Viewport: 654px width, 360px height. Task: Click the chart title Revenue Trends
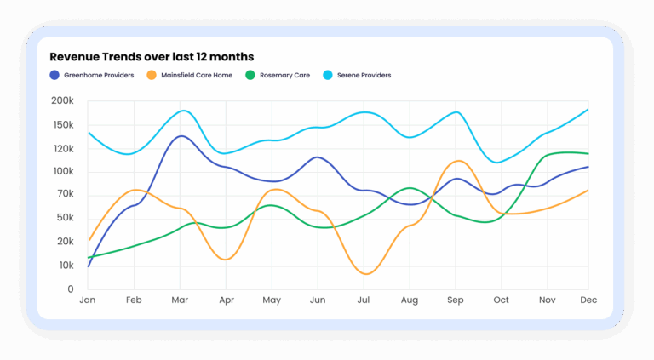(x=152, y=57)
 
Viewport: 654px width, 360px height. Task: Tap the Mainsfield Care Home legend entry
(x=190, y=75)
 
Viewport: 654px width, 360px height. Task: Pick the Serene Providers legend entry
(x=362, y=75)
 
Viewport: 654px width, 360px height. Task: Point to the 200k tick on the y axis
(x=63, y=101)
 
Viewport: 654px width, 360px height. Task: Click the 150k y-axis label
(x=63, y=125)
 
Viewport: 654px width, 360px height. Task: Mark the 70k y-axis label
(x=65, y=195)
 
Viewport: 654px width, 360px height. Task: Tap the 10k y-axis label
(x=65, y=266)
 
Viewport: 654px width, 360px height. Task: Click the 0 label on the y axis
(x=71, y=289)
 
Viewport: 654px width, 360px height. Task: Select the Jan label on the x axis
(x=88, y=300)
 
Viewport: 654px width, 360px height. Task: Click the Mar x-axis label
(x=180, y=300)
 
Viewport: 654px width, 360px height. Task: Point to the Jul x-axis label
(x=364, y=300)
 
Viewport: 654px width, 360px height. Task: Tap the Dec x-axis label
(x=588, y=300)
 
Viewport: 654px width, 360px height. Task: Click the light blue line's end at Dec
(x=588, y=109)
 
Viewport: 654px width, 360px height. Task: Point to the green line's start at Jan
(x=89, y=257)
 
